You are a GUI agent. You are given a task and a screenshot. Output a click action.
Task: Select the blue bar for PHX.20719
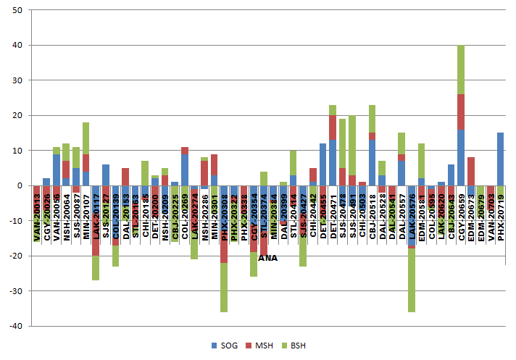point(501,159)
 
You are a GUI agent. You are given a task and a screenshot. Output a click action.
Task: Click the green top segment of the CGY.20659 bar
point(461,70)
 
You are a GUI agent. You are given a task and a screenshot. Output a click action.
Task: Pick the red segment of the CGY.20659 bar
point(461,112)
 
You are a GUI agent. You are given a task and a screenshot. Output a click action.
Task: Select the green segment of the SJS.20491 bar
point(352,145)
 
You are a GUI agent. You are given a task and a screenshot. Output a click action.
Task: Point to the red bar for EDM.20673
point(471,171)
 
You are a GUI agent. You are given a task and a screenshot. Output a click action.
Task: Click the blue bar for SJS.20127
point(106,175)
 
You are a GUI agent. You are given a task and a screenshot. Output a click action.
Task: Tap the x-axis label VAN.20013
point(37,214)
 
